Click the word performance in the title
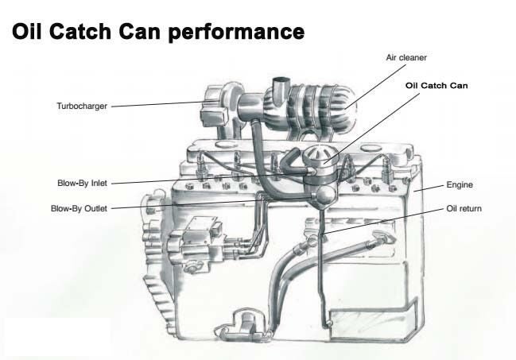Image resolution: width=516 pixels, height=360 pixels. coord(239,33)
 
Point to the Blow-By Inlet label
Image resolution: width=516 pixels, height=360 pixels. coord(81,182)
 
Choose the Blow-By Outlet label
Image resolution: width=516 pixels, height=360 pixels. coord(78,208)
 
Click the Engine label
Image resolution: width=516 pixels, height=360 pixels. coord(460,184)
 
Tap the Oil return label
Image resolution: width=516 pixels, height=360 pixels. coord(464,209)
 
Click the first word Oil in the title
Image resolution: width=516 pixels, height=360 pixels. coord(29,31)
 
